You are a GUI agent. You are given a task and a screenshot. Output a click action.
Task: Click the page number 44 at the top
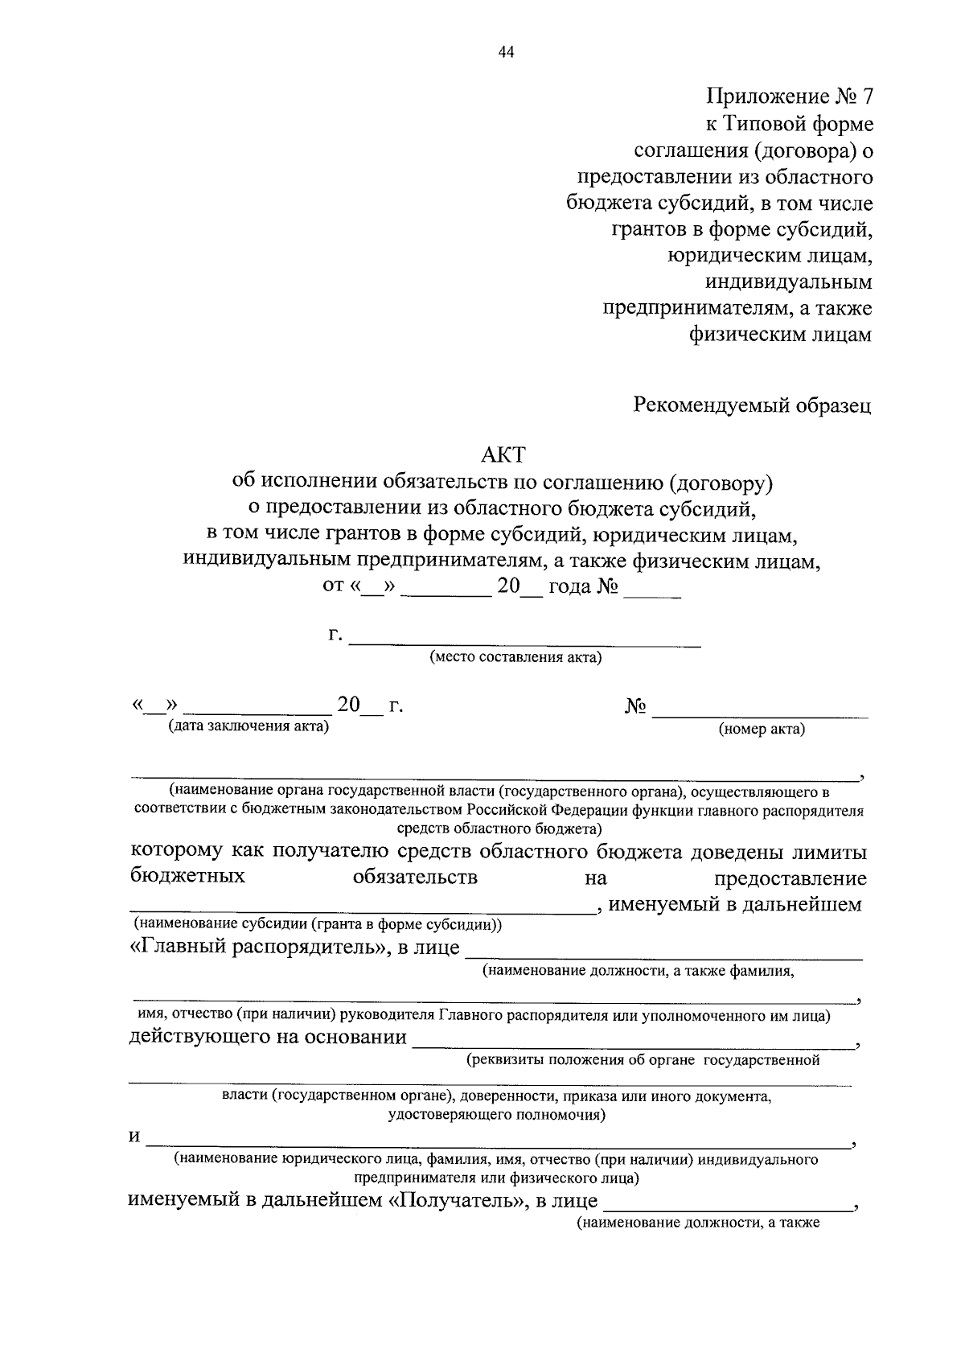(506, 52)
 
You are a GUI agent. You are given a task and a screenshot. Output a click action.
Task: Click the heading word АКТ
(503, 455)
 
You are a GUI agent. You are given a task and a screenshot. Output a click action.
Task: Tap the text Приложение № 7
(789, 97)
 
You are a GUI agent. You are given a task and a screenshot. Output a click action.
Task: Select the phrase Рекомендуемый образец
(753, 405)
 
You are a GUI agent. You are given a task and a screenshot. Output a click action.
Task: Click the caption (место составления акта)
(516, 658)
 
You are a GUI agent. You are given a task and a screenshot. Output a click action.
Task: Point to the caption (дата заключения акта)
(248, 727)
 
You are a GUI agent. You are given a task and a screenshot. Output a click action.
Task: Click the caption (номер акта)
(762, 730)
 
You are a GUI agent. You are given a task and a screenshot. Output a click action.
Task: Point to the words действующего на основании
(268, 1037)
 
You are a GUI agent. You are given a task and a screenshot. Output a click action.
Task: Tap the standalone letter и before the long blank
(135, 1137)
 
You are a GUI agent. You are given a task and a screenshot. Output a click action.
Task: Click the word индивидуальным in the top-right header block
(788, 282)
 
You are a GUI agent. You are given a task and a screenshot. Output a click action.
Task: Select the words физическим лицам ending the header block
(780, 335)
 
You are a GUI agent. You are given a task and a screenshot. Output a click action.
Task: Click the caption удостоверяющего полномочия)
(496, 1115)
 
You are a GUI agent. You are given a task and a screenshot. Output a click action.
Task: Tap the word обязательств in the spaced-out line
(415, 877)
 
